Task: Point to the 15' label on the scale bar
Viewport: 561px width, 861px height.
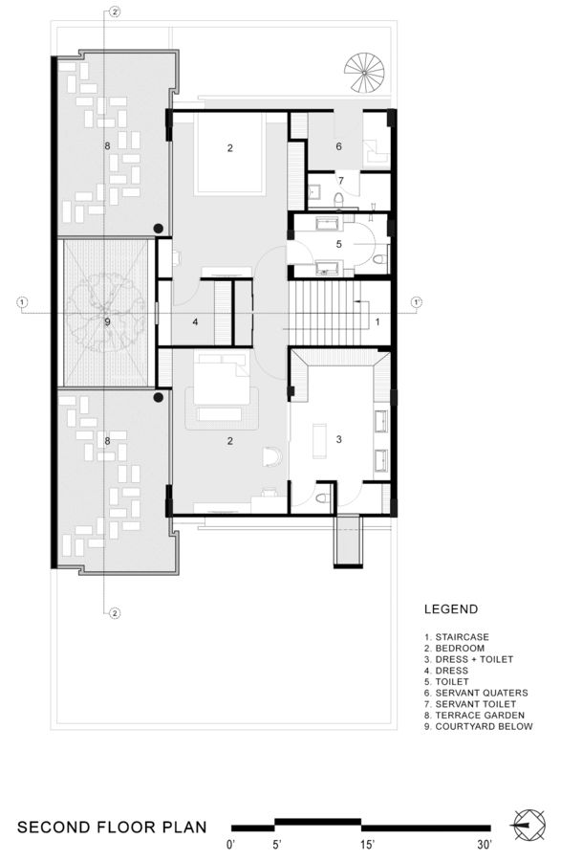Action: pos(367,845)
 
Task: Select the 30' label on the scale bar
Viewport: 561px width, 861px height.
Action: pos(485,845)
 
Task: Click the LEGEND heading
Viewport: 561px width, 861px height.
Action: pos(451,609)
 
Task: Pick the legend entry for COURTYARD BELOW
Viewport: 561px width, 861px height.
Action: pos(478,727)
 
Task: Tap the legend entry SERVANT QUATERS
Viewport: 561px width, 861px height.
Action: pos(476,693)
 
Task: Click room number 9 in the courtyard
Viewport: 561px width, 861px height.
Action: pos(107,322)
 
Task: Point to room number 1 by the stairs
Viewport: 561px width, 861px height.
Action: pos(377,322)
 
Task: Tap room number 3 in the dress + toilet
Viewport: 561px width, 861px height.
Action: pos(338,439)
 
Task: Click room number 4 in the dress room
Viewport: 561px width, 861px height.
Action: pos(195,322)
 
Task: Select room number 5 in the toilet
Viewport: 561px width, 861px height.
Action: pos(338,244)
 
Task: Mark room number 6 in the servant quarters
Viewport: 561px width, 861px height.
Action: pos(338,146)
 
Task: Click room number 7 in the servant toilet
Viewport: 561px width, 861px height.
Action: pos(338,181)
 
